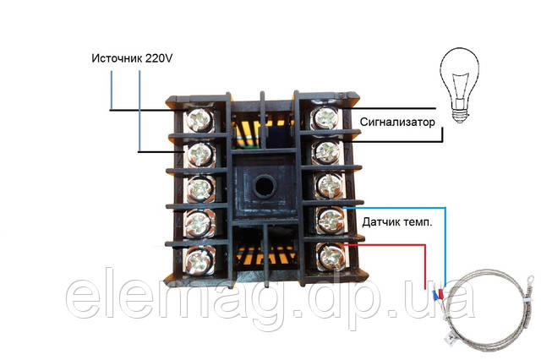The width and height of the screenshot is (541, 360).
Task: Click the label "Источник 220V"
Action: point(132,58)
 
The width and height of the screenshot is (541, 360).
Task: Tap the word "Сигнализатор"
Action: point(397,122)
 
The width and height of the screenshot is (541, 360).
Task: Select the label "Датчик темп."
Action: point(397,222)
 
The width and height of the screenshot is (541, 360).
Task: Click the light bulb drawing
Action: point(459,85)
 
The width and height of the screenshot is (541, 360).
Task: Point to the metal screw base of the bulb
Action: point(460,115)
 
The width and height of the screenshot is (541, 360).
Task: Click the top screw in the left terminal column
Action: point(199,120)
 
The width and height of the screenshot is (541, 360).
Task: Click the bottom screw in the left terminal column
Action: point(199,260)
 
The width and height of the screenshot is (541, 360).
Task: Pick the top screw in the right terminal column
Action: point(326,118)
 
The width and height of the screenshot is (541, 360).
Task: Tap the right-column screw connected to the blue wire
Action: point(330,220)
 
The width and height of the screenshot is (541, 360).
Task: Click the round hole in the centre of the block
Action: point(265,186)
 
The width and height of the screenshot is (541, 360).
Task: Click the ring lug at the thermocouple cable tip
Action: point(528,280)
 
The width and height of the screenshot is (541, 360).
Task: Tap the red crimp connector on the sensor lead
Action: point(440,295)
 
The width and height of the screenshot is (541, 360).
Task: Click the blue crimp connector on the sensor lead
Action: point(435,296)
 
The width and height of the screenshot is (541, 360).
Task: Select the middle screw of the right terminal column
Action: point(329,186)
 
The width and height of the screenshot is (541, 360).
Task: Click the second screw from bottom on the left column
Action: point(199,224)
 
